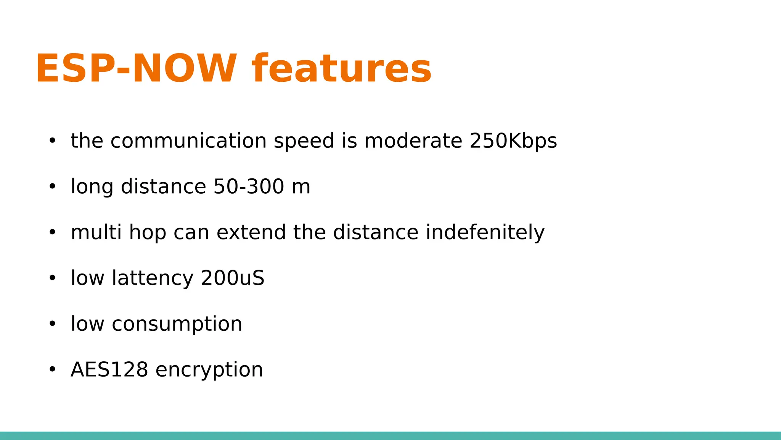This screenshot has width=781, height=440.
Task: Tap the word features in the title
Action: (341, 69)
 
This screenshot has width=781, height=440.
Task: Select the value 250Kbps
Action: (513, 141)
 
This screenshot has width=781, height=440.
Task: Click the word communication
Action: (188, 141)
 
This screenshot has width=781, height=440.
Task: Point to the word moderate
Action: (413, 141)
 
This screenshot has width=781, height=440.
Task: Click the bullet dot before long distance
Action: (52, 187)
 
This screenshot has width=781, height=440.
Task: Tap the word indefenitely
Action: (485, 233)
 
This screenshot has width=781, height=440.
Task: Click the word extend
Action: (251, 233)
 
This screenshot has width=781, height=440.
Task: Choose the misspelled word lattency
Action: (153, 278)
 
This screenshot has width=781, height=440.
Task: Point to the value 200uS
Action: (232, 278)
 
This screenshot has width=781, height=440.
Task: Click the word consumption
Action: (177, 325)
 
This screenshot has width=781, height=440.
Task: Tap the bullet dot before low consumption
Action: (52, 324)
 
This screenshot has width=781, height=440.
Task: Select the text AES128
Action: (109, 370)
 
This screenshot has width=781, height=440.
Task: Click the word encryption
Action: (209, 370)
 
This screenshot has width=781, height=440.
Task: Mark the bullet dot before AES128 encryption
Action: (52, 370)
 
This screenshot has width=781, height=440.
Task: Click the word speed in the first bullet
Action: (304, 141)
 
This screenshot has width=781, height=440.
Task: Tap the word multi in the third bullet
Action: (96, 233)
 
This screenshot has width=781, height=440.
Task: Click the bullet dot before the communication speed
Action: (52, 141)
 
